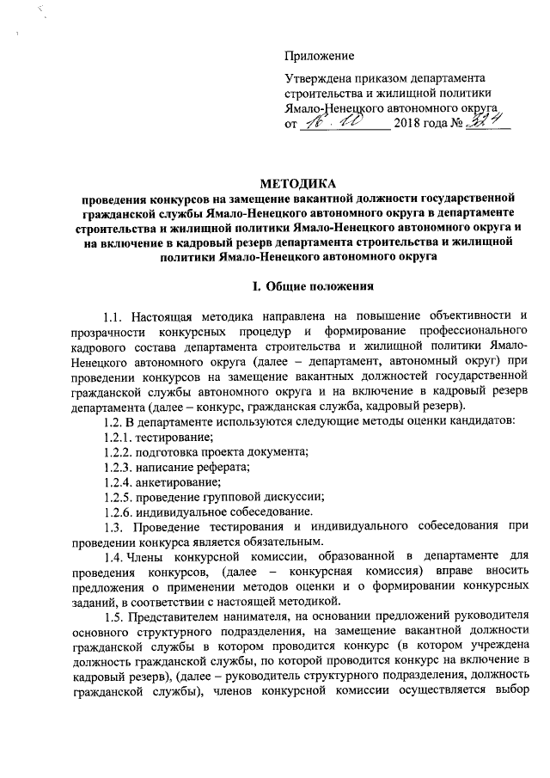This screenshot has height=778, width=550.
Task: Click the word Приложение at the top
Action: point(320,56)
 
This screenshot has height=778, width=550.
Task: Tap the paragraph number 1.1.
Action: point(112,320)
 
